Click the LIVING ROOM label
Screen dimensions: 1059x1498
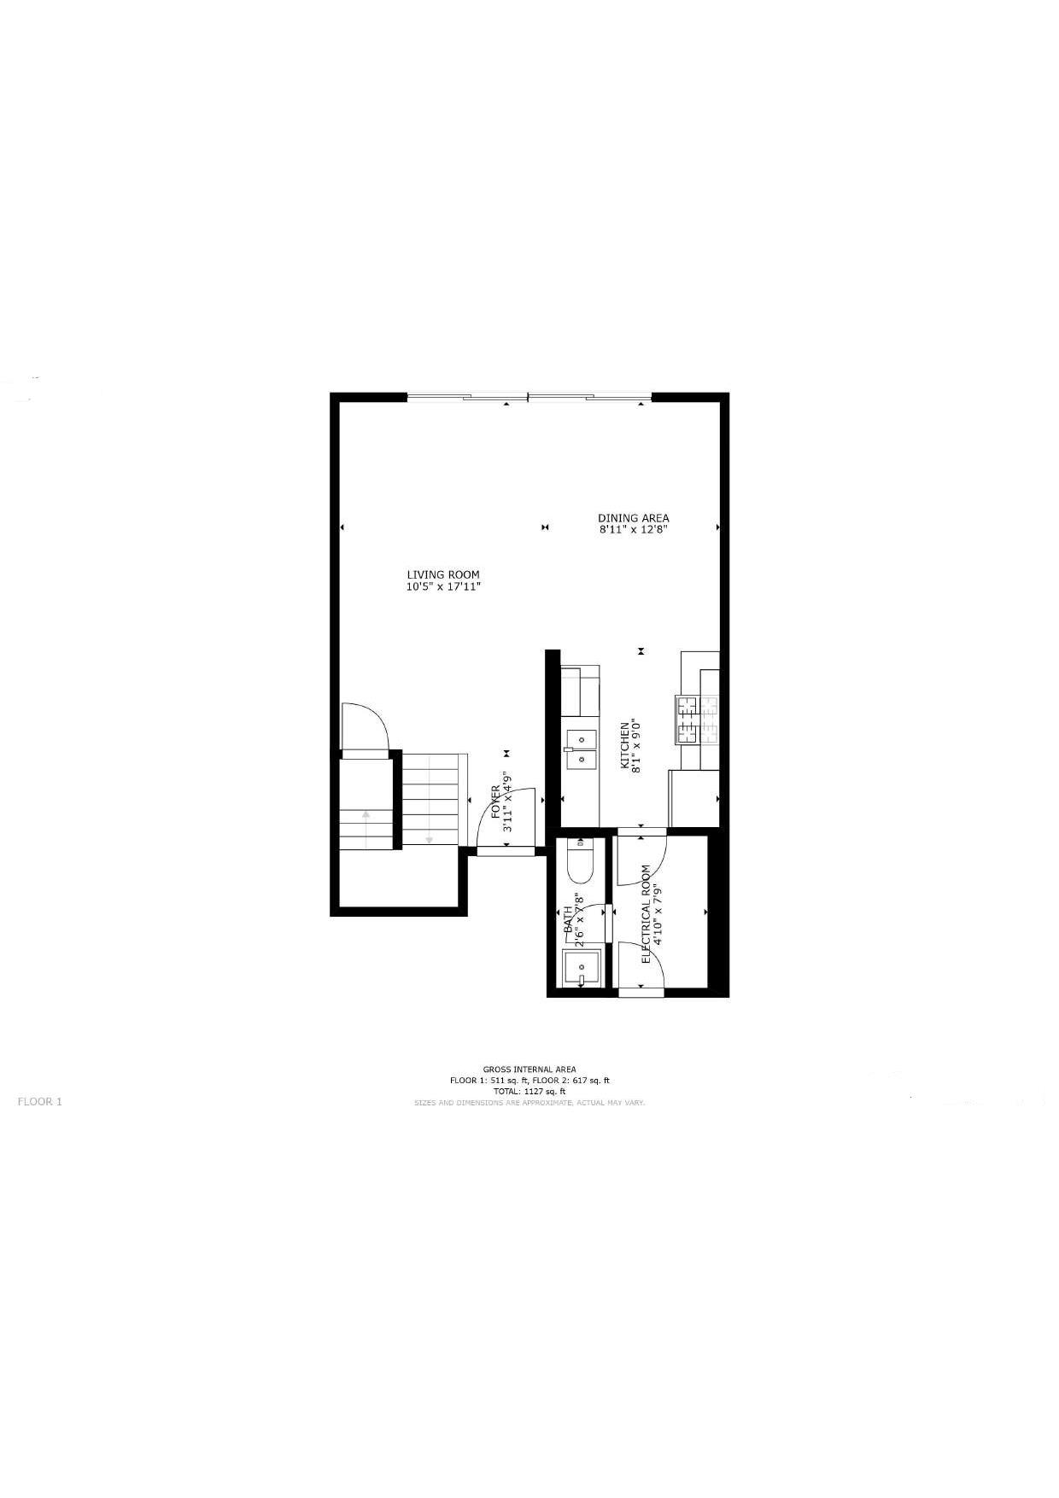coord(442,574)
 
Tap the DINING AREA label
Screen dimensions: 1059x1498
coord(633,518)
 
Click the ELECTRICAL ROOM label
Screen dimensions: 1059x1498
coord(647,914)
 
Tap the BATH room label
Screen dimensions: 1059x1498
coord(567,921)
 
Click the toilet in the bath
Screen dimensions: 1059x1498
coord(580,862)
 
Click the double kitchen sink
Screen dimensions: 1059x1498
coord(580,748)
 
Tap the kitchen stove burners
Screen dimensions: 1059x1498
coord(699,720)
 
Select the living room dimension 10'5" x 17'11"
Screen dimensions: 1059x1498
coord(443,587)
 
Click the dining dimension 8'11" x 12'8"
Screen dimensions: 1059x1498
coord(633,529)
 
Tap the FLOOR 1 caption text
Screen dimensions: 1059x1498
coord(40,1101)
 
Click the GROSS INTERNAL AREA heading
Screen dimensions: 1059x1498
coord(529,1070)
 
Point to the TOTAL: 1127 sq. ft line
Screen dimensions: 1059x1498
coord(529,1092)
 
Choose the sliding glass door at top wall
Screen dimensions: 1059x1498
coord(529,397)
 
